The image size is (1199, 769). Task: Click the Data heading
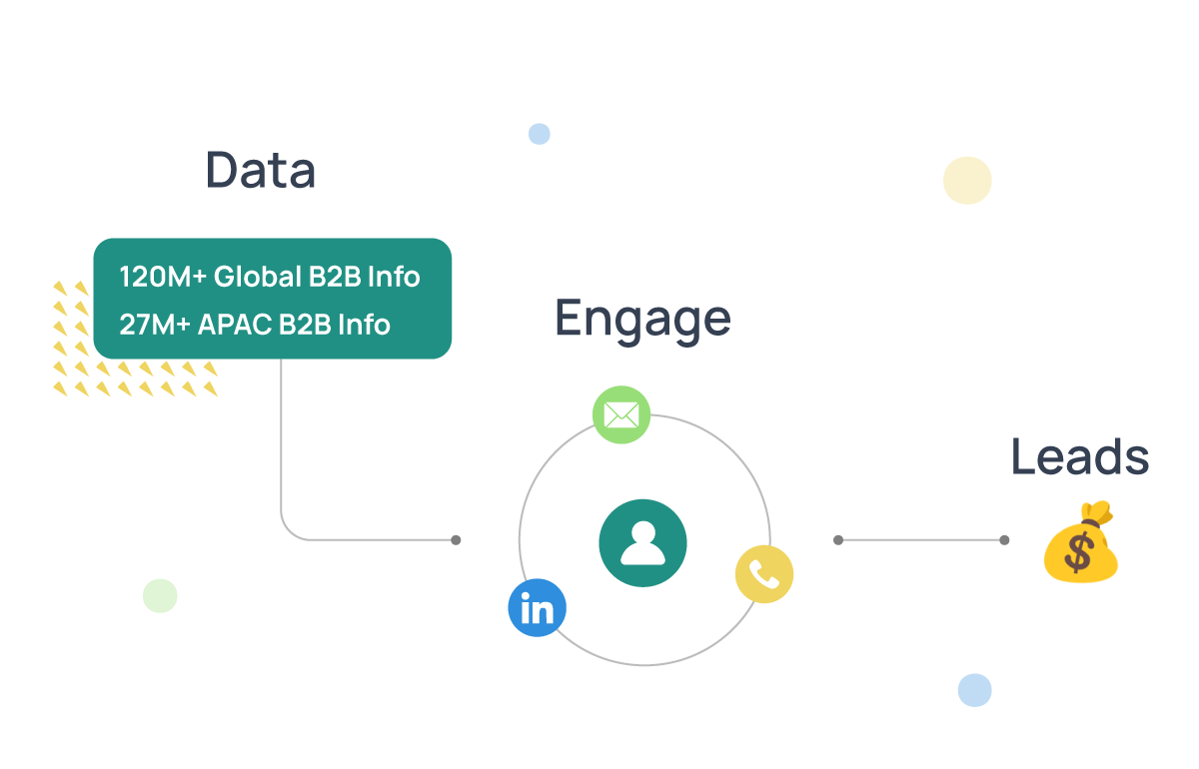coord(261,170)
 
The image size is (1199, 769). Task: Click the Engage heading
coord(642,319)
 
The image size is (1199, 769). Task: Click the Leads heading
coord(1079,456)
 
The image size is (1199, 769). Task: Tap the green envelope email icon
coord(621,414)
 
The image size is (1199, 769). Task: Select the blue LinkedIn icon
coord(537,608)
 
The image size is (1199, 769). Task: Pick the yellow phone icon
coord(764,574)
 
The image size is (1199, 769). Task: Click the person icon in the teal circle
coord(642,542)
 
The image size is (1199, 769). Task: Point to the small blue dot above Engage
coord(540,134)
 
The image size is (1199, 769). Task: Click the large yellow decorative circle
coord(967,181)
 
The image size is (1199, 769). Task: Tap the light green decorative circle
coord(160,596)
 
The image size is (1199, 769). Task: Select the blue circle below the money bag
coord(974,690)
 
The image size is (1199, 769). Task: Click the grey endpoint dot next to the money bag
coord(1004,540)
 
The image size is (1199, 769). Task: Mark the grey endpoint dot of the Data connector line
coord(456,540)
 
